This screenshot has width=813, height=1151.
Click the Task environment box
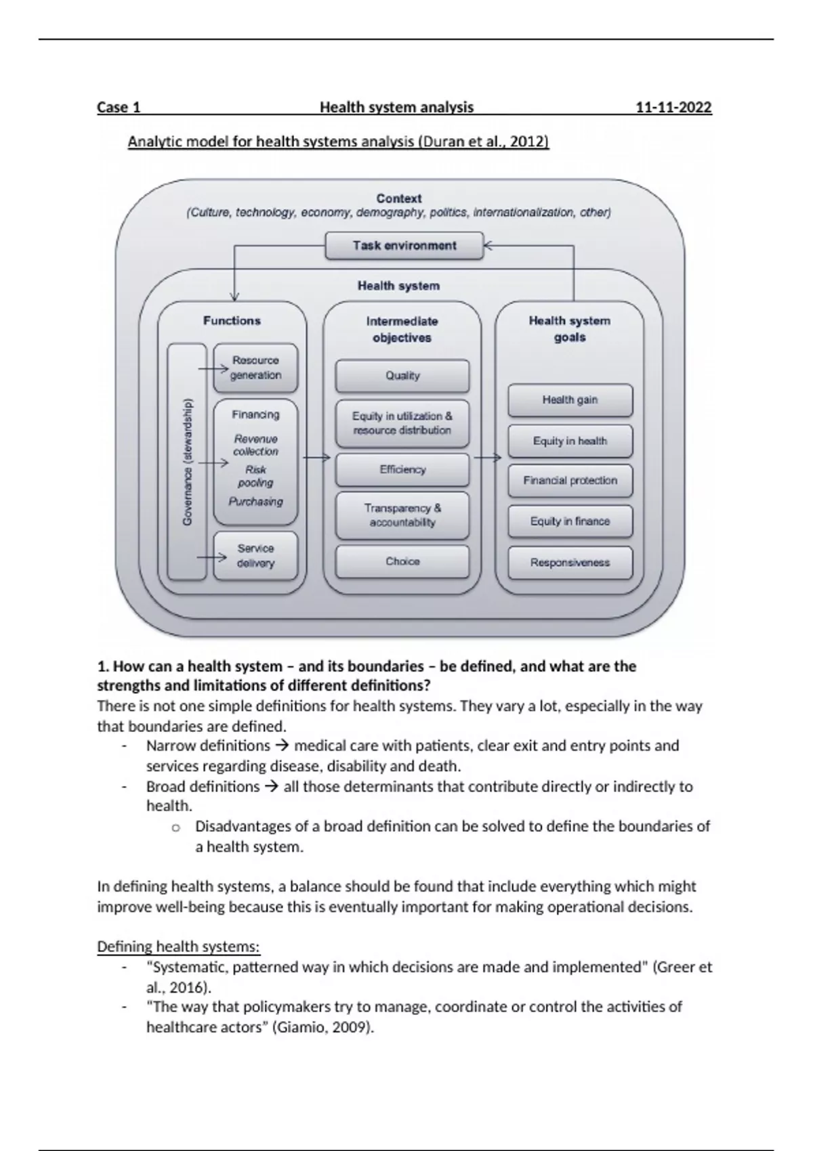[x=404, y=246]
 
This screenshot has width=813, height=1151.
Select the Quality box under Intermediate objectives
[x=402, y=376]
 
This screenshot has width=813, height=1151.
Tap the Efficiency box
[x=402, y=469]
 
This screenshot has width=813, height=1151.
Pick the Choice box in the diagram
[x=402, y=561]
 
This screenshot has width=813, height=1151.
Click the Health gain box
[x=570, y=399]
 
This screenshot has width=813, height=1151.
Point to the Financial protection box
[x=570, y=481]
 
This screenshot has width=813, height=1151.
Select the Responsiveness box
[x=570, y=563]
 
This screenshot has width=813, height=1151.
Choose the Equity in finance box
[x=570, y=521]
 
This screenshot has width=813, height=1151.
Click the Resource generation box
[x=255, y=368]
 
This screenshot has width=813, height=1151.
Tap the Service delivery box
[x=255, y=556]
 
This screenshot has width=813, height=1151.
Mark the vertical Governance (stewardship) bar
[x=187, y=462]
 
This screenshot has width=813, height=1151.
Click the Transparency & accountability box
[x=402, y=515]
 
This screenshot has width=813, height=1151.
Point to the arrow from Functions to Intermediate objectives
[x=315, y=458]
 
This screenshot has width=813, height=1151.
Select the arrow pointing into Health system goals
[x=487, y=458]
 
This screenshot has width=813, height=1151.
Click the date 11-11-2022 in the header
[x=673, y=107]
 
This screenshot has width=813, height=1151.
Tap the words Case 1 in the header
[x=119, y=107]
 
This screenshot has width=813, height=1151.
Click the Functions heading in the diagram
[x=232, y=321]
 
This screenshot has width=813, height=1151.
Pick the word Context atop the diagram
[x=399, y=198]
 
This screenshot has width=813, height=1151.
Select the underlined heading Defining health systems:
[x=178, y=947]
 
